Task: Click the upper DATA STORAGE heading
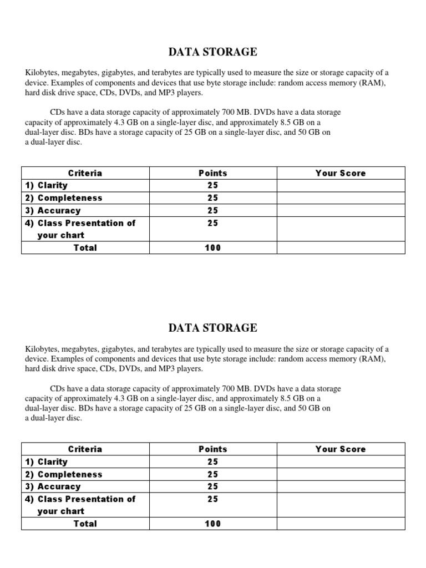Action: (212, 52)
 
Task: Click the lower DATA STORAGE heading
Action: (212, 328)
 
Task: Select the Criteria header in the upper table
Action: (85, 173)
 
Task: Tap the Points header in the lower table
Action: (212, 449)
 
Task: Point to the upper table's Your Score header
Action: (341, 173)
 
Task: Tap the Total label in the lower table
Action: (85, 524)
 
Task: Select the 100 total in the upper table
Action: (212, 248)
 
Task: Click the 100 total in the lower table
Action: (212, 524)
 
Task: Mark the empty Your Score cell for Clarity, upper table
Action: (341, 185)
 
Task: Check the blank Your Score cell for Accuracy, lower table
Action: (341, 486)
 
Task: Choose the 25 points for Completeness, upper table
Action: (212, 198)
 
